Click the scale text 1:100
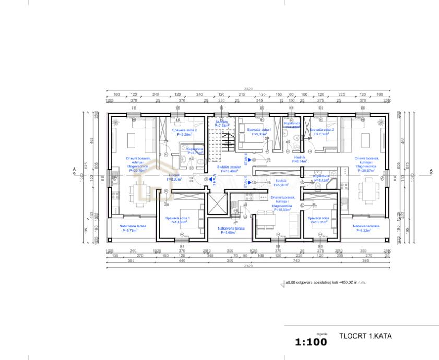coord(311,342)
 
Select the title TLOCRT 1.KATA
coord(365,337)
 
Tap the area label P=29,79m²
coord(138,170)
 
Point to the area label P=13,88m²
coord(178,222)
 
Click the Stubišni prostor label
coord(229,167)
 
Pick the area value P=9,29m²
coord(185,134)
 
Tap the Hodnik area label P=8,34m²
coord(299,161)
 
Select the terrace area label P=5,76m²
coord(133,230)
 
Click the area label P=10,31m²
coord(317,222)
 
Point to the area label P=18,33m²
coord(283,210)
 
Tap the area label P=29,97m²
coord(366,170)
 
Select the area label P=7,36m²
coord(321,134)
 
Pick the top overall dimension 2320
coord(248,89)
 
